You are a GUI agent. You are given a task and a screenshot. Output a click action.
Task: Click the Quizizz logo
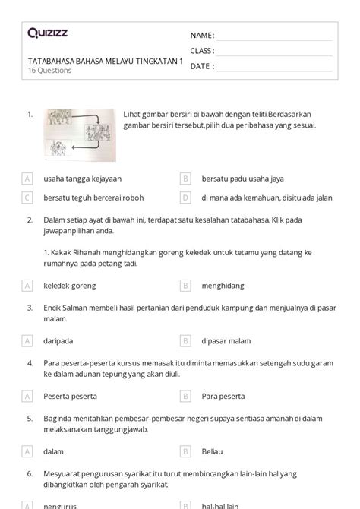coord(46,33)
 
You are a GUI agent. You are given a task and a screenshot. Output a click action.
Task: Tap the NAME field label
coord(202,36)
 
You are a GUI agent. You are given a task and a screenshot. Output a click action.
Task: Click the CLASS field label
coord(202,51)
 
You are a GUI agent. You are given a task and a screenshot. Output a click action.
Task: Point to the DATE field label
coord(201,66)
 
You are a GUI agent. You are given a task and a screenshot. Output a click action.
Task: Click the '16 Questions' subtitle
coord(50,71)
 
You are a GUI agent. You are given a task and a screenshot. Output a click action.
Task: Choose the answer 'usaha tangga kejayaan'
coord(81,179)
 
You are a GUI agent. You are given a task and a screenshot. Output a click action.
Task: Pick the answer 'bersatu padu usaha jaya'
coord(242,179)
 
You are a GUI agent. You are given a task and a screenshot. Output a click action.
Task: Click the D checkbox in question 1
coord(185,198)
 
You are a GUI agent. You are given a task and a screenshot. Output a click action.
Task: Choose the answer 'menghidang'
coord(223,286)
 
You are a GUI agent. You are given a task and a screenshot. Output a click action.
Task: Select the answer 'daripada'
coord(60,341)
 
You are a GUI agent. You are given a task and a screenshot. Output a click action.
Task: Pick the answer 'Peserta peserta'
coord(71,396)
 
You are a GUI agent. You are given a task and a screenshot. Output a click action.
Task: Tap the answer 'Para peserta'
coord(223,396)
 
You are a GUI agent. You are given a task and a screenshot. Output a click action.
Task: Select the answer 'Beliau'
coord(213,451)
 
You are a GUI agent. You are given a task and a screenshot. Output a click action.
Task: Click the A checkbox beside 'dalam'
coord(27,451)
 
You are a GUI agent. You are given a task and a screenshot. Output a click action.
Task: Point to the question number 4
coord(29,363)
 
